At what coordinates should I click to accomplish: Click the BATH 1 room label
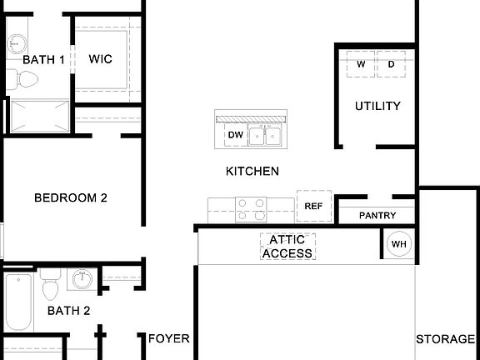point(43,60)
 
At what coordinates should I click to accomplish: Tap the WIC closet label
point(101,60)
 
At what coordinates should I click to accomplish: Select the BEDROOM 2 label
point(71,198)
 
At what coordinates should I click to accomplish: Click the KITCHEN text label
point(252,172)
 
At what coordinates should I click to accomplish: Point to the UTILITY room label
point(377,106)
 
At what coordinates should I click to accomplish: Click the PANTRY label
point(377,216)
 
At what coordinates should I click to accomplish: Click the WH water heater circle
point(398,244)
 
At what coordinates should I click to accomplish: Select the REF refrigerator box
point(313,206)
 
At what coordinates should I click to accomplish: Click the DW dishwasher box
point(235,135)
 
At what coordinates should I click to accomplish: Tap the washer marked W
point(361,65)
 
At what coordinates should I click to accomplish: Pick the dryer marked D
point(390,65)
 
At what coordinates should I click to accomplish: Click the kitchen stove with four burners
point(251,208)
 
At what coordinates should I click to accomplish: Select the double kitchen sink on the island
point(267,136)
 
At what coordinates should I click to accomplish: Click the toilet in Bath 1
point(25,80)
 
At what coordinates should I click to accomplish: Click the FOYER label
point(169,339)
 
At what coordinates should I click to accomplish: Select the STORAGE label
point(445,339)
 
